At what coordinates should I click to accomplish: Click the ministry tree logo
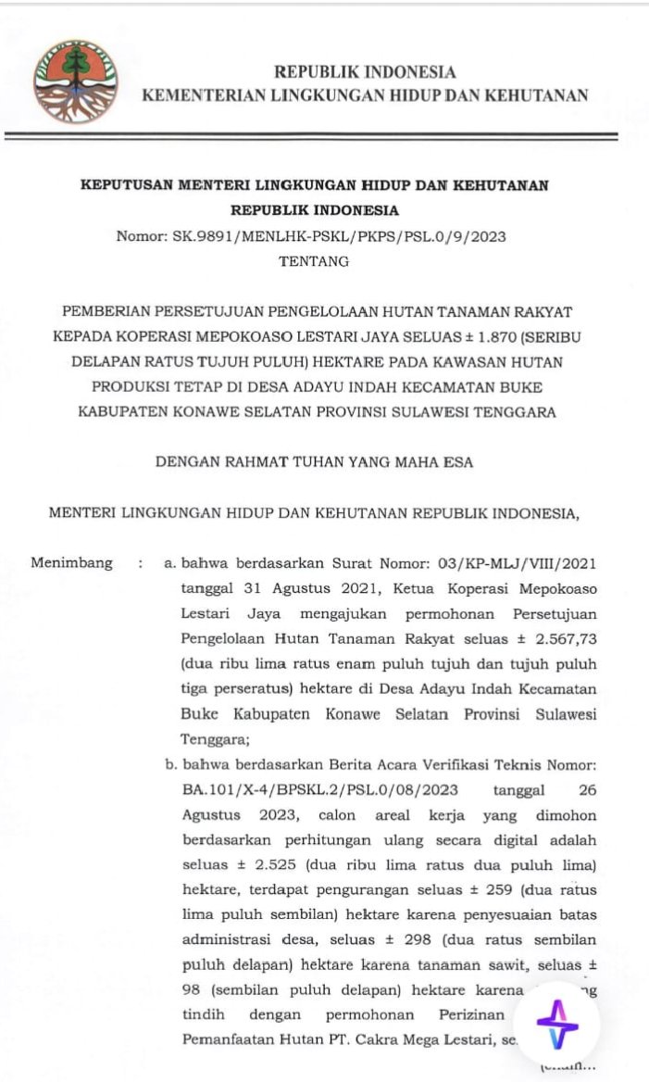[76, 82]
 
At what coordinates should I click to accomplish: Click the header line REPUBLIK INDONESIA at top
[364, 72]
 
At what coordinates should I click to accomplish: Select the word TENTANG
[315, 261]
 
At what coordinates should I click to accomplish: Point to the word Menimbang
[72, 562]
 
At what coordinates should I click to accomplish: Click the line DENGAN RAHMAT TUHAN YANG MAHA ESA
[314, 462]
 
